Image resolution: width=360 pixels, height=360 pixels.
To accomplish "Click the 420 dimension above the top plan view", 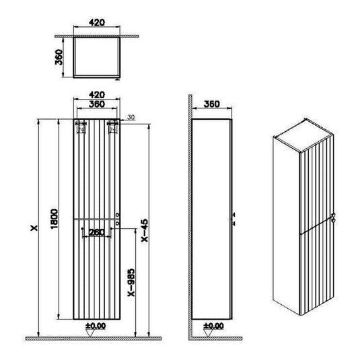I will (x=97, y=22).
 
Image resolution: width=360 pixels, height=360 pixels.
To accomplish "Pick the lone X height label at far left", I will (x=32, y=229).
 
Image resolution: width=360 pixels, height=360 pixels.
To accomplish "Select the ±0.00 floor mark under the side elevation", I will (x=213, y=327).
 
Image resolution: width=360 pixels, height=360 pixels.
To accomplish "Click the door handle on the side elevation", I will (x=234, y=217).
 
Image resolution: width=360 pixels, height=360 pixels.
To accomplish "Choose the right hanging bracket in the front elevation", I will (x=112, y=128).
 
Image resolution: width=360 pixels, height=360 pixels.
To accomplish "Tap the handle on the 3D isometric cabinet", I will (x=332, y=217).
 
